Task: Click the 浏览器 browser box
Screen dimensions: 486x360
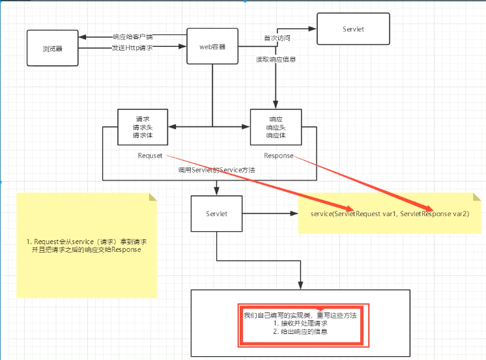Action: tap(52, 48)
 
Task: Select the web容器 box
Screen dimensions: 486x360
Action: tap(212, 46)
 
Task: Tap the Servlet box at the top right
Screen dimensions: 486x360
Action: tap(353, 29)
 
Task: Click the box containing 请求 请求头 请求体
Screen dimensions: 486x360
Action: tap(143, 127)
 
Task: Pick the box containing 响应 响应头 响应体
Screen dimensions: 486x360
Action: tap(276, 127)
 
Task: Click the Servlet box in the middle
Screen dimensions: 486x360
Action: tap(217, 214)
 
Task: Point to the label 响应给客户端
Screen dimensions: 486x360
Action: tap(133, 37)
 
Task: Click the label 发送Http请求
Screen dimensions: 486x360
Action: tap(132, 48)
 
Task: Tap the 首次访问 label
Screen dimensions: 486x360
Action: tap(277, 38)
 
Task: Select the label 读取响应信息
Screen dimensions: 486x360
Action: tap(276, 59)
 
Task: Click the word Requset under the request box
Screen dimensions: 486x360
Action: tap(150, 156)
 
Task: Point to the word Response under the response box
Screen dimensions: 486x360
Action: tap(279, 156)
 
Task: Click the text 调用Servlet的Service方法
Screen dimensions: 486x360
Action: tap(217, 170)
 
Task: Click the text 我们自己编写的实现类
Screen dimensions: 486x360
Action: tap(277, 315)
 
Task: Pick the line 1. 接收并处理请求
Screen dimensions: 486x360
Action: tap(300, 324)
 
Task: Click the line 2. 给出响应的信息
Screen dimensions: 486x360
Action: tap(300, 331)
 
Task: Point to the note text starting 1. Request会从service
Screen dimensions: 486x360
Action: tap(87, 245)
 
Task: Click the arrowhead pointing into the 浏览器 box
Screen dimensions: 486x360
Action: tap(82, 37)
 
